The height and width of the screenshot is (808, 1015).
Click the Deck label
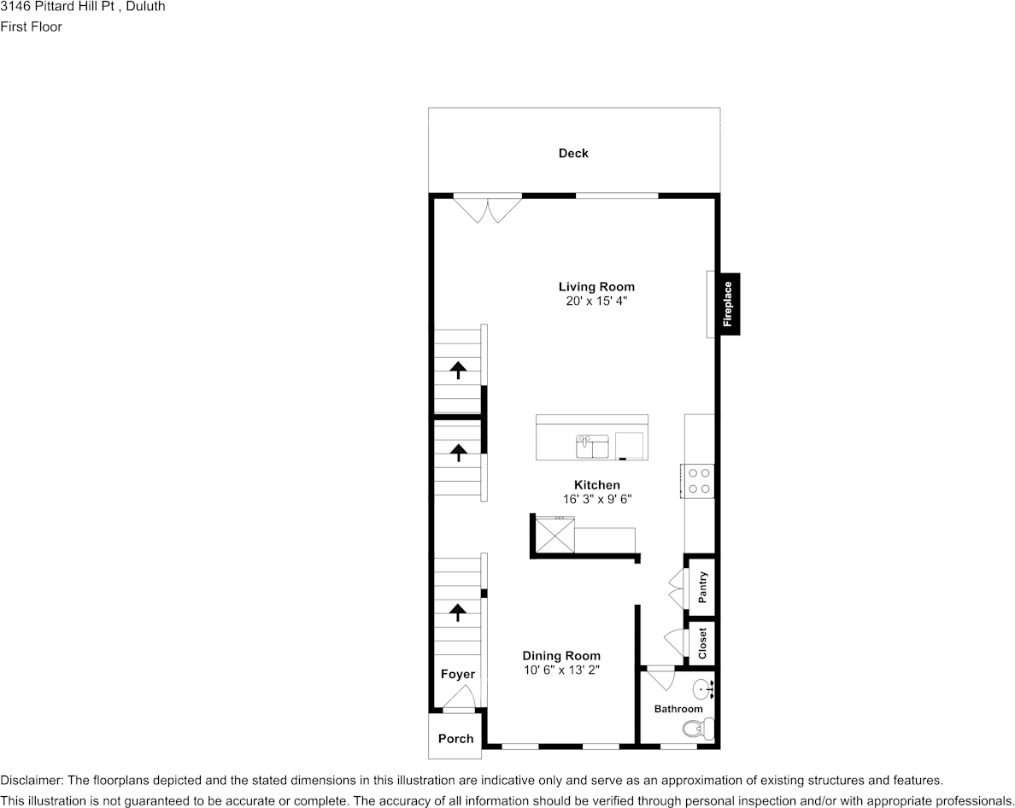click(573, 154)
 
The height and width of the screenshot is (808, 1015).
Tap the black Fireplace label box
click(728, 304)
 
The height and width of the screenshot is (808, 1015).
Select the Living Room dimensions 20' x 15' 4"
click(596, 302)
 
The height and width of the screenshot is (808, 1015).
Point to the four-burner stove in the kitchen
click(698, 480)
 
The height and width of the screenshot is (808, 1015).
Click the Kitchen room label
click(596, 485)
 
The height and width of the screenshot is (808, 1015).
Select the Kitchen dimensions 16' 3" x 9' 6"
click(596, 499)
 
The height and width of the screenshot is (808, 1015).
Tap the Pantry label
click(702, 588)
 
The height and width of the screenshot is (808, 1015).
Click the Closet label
click(702, 643)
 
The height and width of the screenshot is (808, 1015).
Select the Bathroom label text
click(678, 709)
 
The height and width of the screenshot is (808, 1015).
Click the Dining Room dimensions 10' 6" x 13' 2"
click(561, 670)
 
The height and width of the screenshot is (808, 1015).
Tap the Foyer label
click(457, 675)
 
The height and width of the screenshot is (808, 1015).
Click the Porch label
click(455, 739)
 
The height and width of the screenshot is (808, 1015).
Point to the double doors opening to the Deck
click(487, 208)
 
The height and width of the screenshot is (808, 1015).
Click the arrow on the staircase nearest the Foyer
click(458, 612)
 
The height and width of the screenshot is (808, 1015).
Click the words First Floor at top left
click(32, 26)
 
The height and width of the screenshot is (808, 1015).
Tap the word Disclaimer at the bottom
click(31, 781)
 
